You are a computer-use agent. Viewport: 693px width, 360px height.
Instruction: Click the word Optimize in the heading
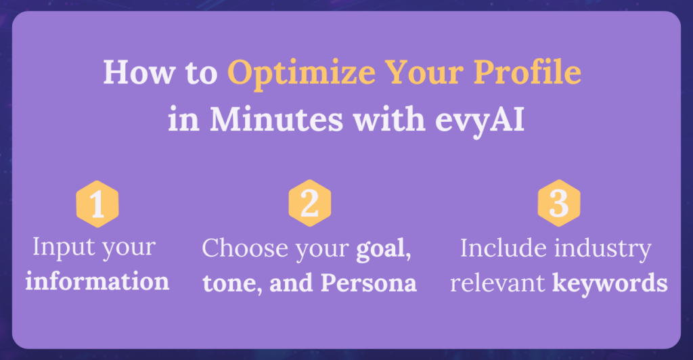tap(301, 74)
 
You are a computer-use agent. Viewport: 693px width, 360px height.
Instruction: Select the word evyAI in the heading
tap(480, 120)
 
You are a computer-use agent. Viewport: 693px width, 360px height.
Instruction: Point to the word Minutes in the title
tap(276, 119)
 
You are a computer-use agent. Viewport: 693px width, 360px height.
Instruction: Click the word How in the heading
tap(139, 72)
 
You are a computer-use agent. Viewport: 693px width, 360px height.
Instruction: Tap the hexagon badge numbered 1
tap(97, 204)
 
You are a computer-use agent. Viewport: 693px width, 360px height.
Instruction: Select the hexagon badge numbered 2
tap(310, 203)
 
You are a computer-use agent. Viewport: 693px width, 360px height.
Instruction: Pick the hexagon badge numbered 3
tap(559, 203)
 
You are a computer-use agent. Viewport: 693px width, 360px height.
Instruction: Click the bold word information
tap(97, 281)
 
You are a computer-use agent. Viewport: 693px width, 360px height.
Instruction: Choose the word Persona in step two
tap(369, 283)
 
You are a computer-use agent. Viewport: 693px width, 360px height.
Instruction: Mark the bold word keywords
tap(610, 283)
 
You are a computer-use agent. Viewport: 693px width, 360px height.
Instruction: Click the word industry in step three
tap(603, 249)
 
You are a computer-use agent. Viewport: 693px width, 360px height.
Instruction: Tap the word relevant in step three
tap(497, 283)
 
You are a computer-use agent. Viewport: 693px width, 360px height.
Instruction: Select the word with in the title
tap(389, 119)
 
